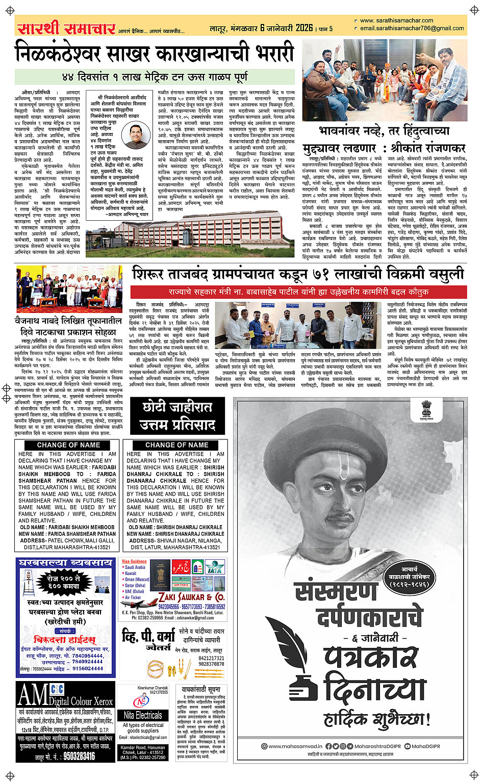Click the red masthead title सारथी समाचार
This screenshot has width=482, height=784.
[x=66, y=28]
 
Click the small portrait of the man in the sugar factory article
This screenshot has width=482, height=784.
[x=137, y=137]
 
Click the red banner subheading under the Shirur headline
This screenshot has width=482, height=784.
[x=298, y=292]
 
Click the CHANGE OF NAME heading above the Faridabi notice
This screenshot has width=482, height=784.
[x=68, y=445]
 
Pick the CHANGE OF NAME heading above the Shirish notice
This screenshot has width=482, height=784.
[x=176, y=445]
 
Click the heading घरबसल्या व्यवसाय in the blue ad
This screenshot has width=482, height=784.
[x=65, y=563]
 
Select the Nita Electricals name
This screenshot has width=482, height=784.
[x=143, y=715]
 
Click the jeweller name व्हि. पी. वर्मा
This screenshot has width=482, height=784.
[x=147, y=637]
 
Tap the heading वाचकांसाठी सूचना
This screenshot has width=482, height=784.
[x=200, y=689]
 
